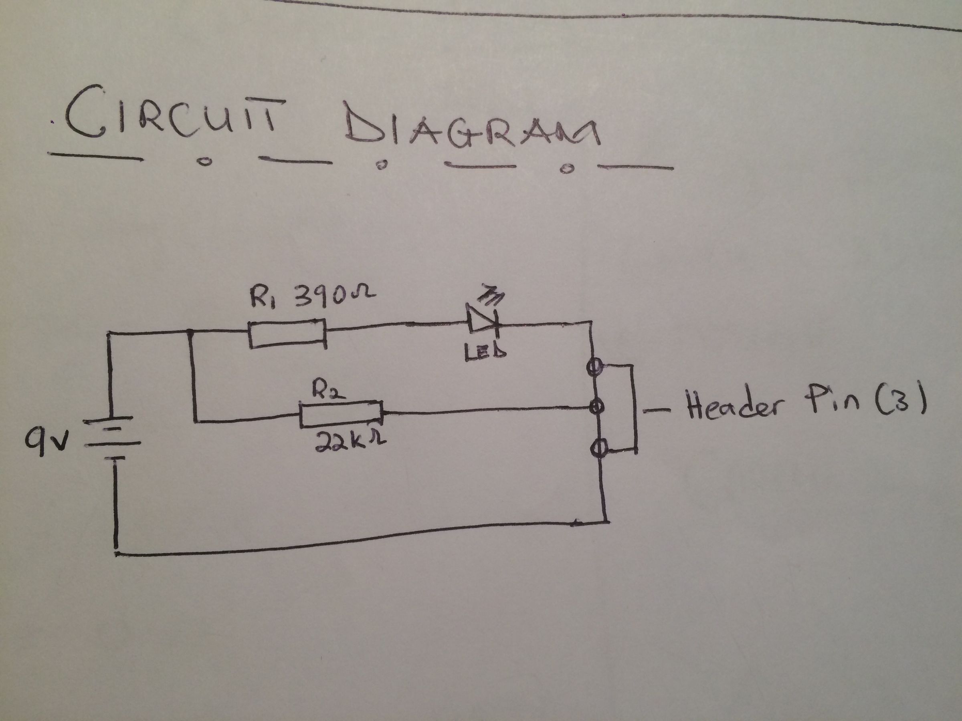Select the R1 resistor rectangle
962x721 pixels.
287,334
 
